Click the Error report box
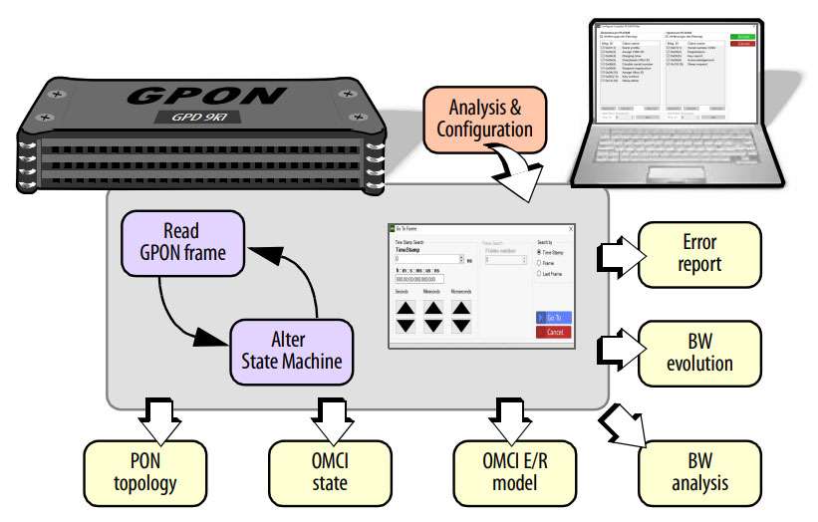click(x=699, y=253)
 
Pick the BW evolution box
click(x=699, y=352)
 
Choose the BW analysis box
click(x=699, y=472)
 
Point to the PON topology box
click(x=154, y=472)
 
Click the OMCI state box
click(x=323, y=472)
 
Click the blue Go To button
click(x=553, y=318)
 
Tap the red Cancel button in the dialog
click(x=553, y=332)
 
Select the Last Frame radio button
click(x=540, y=272)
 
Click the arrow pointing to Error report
click(x=613, y=254)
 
